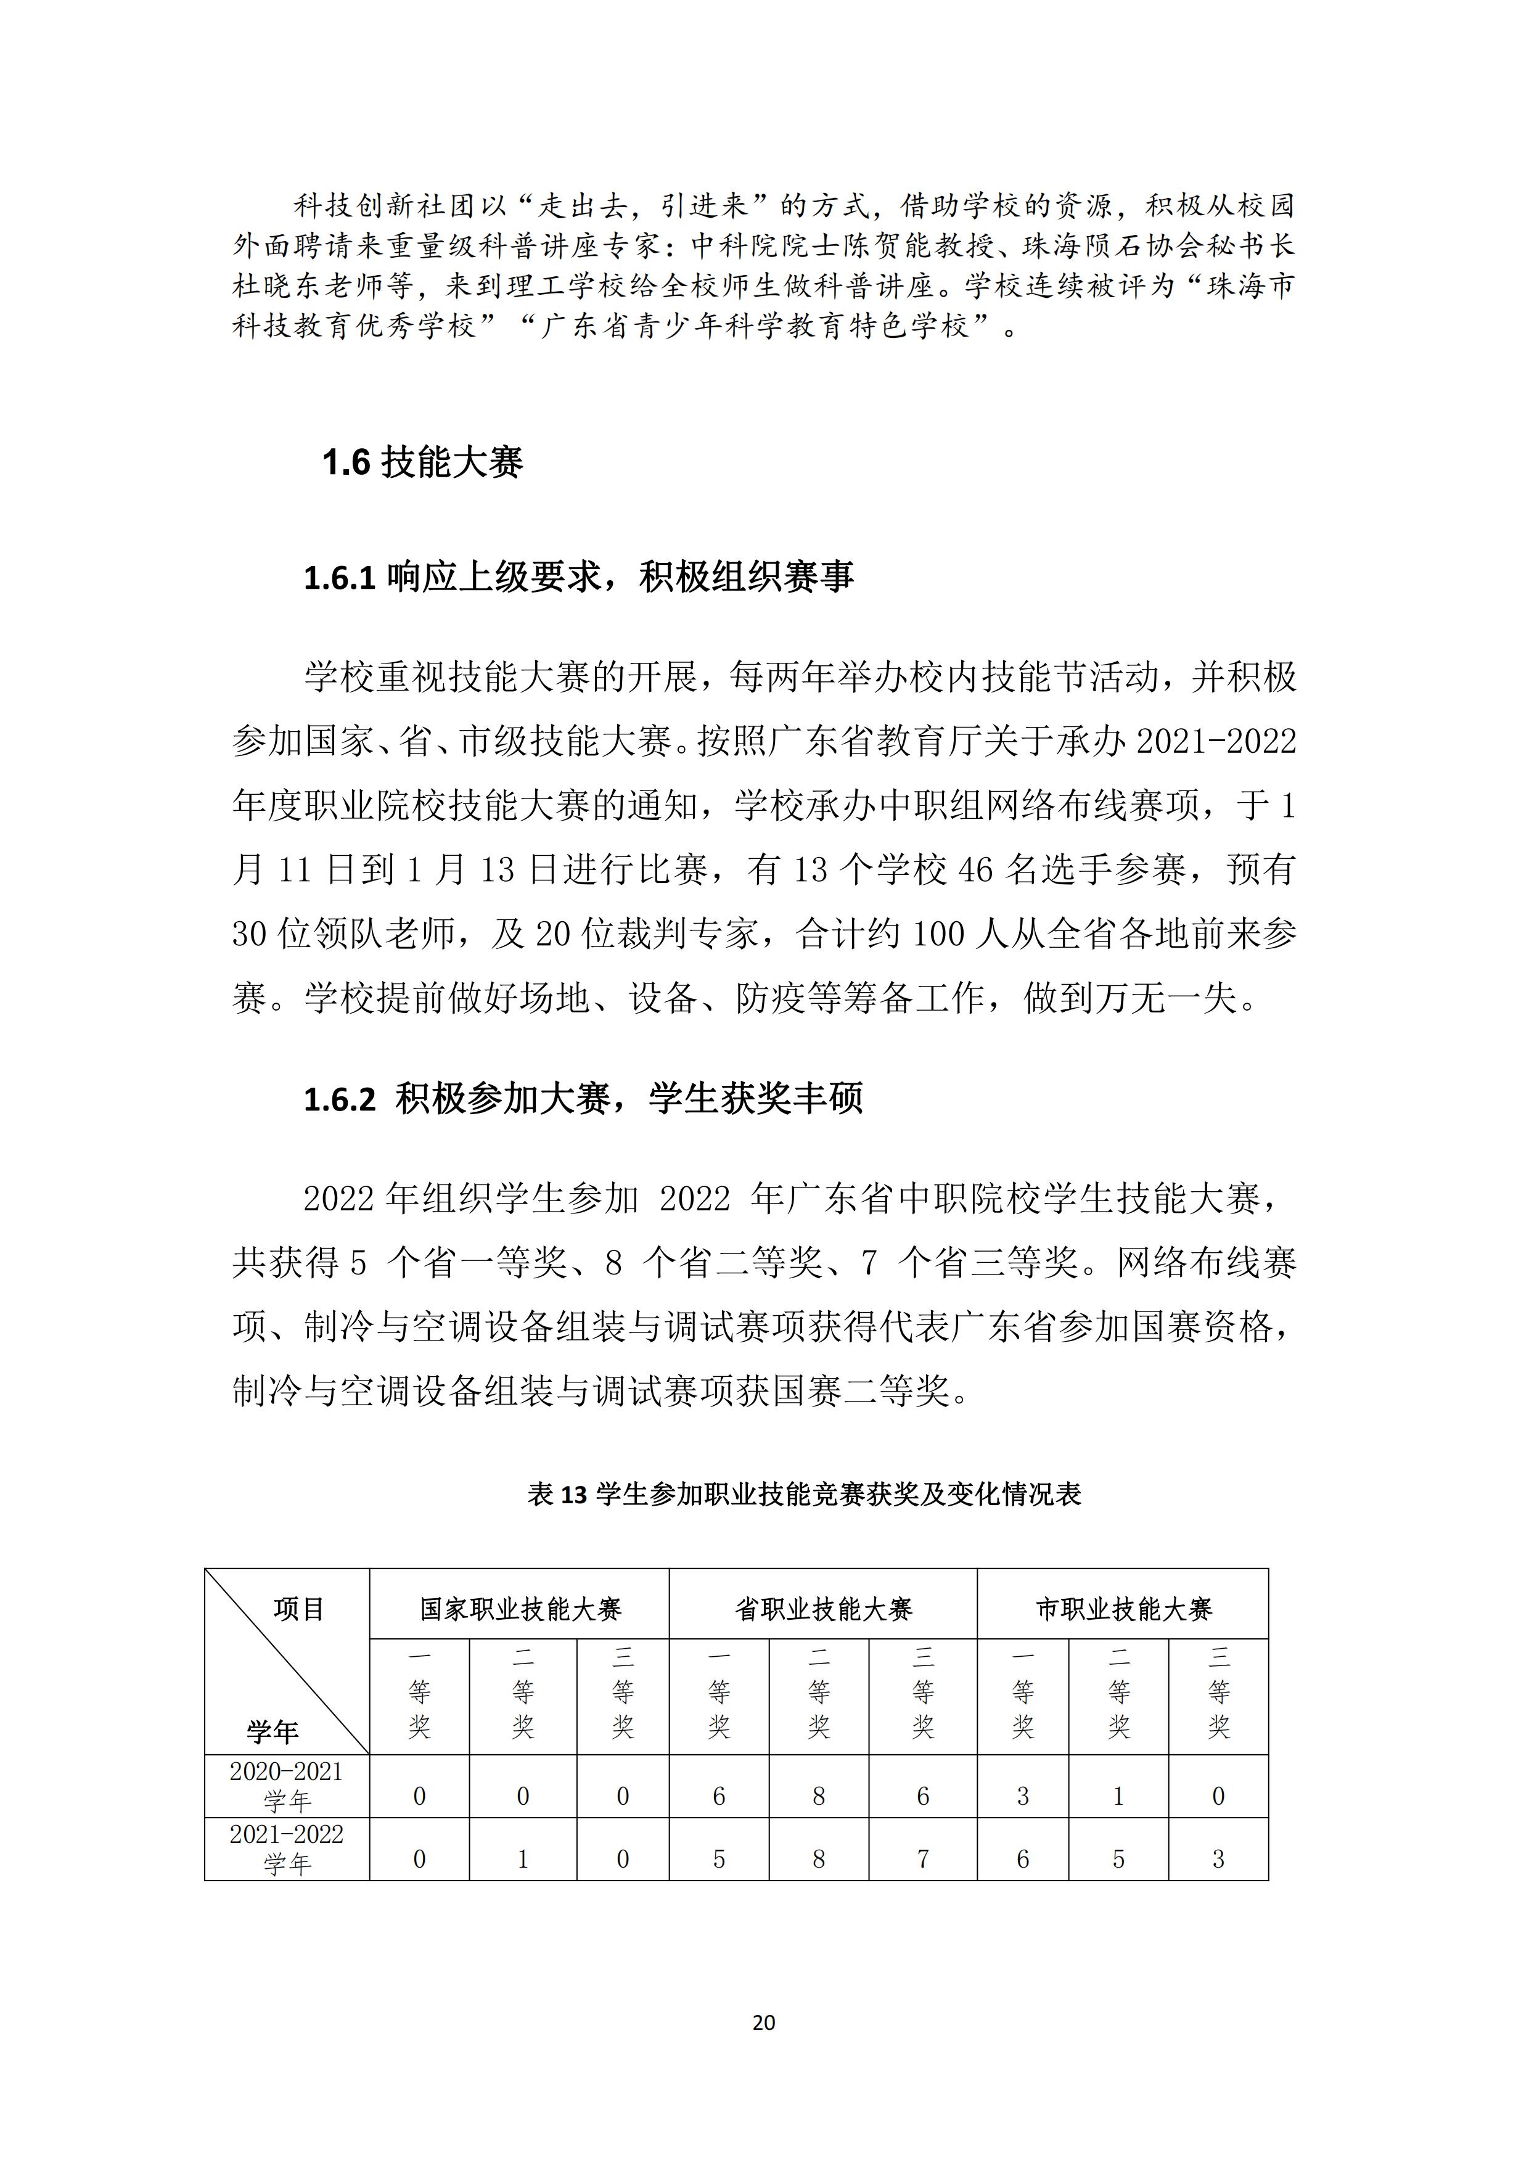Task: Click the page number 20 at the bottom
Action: pyautogui.click(x=764, y=2022)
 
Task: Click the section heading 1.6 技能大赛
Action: pyautogui.click(x=422, y=462)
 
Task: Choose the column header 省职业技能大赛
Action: pyautogui.click(x=824, y=1609)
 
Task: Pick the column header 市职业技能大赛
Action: pyautogui.click(x=1123, y=1609)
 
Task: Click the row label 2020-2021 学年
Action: pyautogui.click(x=287, y=1785)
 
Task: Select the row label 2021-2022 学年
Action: pyautogui.click(x=287, y=1849)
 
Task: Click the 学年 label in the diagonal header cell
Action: pyautogui.click(x=273, y=1731)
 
